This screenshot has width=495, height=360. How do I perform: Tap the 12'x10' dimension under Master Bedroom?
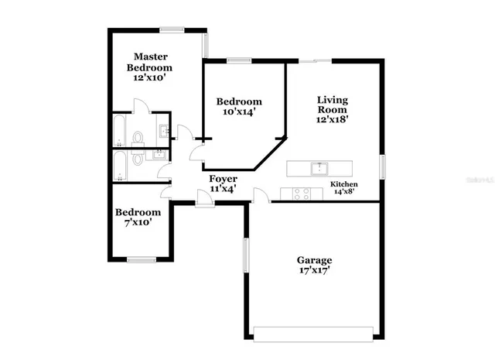pyautogui.click(x=148, y=77)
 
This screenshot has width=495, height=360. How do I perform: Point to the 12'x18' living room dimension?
pyautogui.click(x=333, y=120)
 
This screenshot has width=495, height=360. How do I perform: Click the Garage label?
pyautogui.click(x=315, y=260)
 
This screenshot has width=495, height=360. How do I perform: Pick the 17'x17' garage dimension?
pyautogui.click(x=315, y=272)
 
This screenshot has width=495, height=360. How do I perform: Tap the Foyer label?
pyautogui.click(x=224, y=179)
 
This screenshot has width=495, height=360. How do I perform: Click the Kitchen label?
pyautogui.click(x=343, y=183)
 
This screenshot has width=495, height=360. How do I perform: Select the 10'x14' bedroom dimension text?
pyautogui.click(x=238, y=112)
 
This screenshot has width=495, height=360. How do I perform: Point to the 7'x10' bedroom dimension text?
pyautogui.click(x=138, y=222)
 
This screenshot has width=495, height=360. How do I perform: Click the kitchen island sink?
pyautogui.click(x=318, y=167)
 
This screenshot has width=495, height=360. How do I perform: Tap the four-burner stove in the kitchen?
pyautogui.click(x=301, y=194)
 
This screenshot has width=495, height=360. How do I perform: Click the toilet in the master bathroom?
pyautogui.click(x=138, y=138)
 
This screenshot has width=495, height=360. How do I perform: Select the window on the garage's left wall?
pyautogui.click(x=246, y=256)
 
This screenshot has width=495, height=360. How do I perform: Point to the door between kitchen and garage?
pyautogui.click(x=260, y=197)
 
